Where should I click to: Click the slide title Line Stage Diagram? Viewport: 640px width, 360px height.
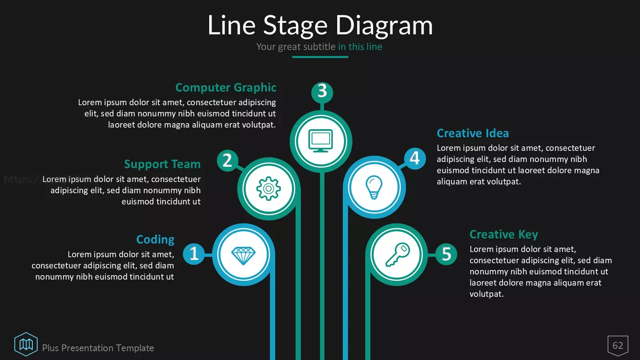pos(320,26)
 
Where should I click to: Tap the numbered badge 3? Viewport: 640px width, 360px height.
pos(322,92)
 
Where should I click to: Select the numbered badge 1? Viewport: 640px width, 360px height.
pos(194,254)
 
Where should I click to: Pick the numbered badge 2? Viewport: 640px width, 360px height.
pos(228,160)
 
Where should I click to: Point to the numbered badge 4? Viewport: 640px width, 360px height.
pos(415,158)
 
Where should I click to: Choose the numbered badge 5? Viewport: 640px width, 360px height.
pos(446,254)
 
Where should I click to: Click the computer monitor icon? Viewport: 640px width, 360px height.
pos(320,141)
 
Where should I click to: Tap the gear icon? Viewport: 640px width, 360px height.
pos(268,188)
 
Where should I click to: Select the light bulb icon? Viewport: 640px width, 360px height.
pos(374,187)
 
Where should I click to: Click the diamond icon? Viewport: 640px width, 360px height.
pos(244,256)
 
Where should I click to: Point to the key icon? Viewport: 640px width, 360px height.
pos(398,254)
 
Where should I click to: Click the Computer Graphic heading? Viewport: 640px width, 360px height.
pos(226,88)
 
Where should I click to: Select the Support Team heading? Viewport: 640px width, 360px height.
pos(162,164)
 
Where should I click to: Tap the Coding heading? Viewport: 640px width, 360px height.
pos(155,240)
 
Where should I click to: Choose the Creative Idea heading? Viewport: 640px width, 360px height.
pos(473,133)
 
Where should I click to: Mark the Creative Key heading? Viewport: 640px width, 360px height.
pos(504,234)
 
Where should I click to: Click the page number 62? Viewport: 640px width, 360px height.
pos(618,346)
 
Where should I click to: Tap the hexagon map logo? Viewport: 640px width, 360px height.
pos(26,344)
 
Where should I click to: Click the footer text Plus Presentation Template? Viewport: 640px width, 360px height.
pos(98,348)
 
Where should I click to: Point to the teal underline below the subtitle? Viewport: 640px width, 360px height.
pos(320,57)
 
